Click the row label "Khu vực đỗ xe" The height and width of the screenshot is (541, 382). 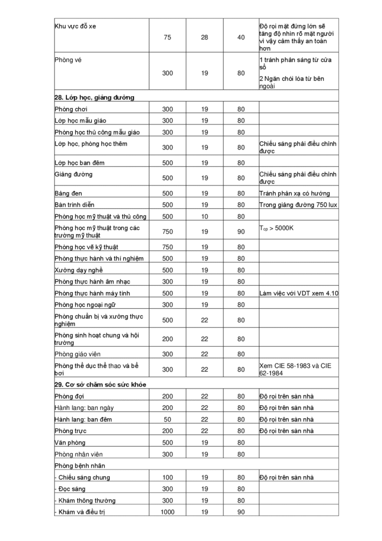76,26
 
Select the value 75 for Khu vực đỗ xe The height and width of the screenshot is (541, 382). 167,37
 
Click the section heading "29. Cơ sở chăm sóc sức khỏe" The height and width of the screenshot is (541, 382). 100,384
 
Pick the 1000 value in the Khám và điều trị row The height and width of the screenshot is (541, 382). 167,512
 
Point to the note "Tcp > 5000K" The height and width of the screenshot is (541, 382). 276,228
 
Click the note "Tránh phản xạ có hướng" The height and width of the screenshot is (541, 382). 294,193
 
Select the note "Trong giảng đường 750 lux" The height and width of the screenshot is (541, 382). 298,205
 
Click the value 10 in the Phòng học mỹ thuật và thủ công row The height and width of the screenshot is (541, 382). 204,216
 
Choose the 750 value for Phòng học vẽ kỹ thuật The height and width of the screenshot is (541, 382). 167,247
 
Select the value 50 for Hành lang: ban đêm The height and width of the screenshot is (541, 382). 167,419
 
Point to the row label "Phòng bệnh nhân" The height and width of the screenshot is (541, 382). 79,465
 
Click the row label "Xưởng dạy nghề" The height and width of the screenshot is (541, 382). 78,270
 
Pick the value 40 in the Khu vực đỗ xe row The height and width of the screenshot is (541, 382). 241,37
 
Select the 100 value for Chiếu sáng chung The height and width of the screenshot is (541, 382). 167,477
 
